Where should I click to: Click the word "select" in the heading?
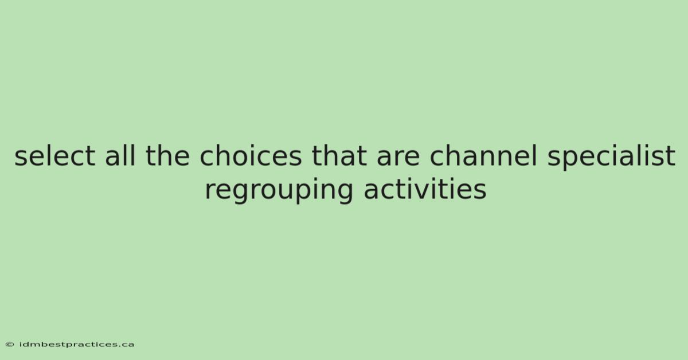click(54, 156)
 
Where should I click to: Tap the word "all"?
click(120, 155)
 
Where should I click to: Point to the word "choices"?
click(251, 155)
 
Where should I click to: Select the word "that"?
click(339, 155)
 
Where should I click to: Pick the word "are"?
click(398, 159)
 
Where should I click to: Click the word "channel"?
click(483, 155)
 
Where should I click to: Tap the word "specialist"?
click(611, 156)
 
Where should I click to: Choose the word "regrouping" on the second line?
click(279, 191)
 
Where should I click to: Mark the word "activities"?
click(425, 189)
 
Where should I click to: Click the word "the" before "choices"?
click(167, 155)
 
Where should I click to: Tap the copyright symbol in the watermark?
click(10, 345)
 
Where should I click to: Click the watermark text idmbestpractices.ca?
click(76, 345)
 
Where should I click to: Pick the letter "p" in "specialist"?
click(572, 161)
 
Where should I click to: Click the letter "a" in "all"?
click(113, 159)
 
